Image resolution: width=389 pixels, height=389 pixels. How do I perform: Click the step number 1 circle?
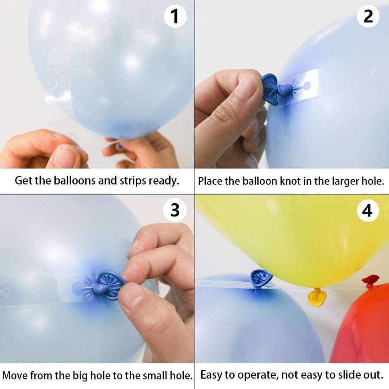(175, 16)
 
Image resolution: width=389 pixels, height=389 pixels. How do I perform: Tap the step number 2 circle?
(368, 16)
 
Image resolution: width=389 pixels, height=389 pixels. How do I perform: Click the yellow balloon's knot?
(317, 297)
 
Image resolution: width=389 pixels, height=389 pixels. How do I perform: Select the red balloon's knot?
(370, 281)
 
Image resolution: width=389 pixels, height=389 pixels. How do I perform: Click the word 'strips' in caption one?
(132, 180)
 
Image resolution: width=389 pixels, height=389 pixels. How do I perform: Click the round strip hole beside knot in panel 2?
(307, 85)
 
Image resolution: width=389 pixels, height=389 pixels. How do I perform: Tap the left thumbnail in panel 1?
(64, 156)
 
